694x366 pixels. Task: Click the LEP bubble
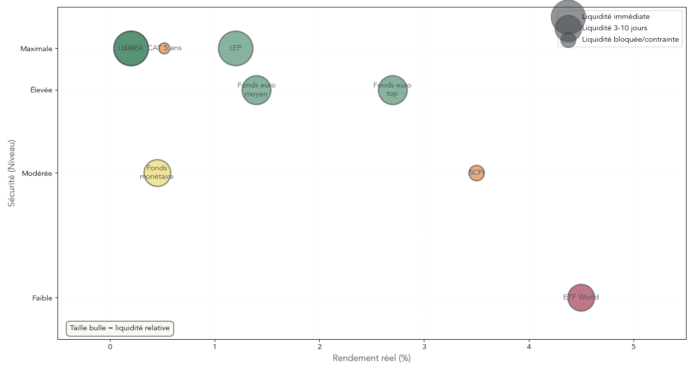235,48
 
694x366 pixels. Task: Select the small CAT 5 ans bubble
165,48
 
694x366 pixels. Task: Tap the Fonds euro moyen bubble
256,90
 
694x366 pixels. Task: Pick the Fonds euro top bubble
393,90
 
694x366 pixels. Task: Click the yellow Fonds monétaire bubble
157,173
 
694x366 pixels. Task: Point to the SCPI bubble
476,173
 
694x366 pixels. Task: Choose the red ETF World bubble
581,297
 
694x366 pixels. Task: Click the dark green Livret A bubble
131,48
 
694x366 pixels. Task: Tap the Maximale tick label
36,49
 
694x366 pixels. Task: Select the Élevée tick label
41,90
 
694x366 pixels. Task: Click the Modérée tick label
37,173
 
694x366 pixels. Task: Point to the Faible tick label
42,298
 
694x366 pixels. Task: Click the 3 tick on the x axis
424,347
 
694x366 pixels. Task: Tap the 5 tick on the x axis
634,347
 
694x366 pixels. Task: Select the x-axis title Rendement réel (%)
372,358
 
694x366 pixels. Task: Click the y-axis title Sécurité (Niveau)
12,173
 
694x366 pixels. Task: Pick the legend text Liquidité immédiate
616,17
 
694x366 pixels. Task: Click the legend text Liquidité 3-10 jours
615,28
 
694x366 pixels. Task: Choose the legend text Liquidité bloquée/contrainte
631,39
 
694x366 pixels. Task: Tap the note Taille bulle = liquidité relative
120,328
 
